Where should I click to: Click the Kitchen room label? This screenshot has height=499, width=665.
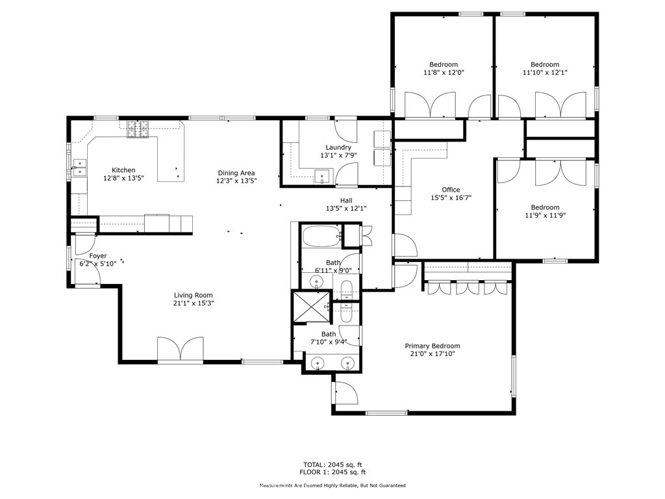[123, 170]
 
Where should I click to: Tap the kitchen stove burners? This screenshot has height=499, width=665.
[138, 129]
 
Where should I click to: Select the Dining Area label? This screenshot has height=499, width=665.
[236, 173]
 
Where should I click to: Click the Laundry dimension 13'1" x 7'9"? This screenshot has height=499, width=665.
[338, 155]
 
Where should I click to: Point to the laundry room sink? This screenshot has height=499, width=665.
[323, 176]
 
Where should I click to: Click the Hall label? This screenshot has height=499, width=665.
[346, 200]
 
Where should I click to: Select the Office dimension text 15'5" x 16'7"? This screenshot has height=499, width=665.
[451, 198]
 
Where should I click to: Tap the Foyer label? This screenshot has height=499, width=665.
[98, 256]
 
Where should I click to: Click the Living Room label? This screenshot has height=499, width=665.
[194, 296]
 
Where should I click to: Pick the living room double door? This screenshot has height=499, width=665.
[181, 350]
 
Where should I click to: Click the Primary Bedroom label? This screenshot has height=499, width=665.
[432, 346]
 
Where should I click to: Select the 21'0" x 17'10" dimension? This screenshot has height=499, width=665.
[432, 353]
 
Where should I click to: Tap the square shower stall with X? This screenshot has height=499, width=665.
[312, 307]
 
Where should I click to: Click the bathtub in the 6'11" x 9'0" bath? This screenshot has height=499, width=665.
[321, 236]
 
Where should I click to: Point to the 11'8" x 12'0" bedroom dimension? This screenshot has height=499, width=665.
[444, 72]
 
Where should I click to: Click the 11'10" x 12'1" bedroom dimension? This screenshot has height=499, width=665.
[545, 72]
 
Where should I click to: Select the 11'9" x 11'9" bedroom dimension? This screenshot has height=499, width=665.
[545, 215]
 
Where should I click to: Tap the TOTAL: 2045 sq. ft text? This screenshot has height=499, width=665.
[332, 465]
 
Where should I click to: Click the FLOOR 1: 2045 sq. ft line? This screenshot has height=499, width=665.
[332, 472]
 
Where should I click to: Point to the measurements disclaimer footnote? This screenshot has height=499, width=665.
[332, 485]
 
